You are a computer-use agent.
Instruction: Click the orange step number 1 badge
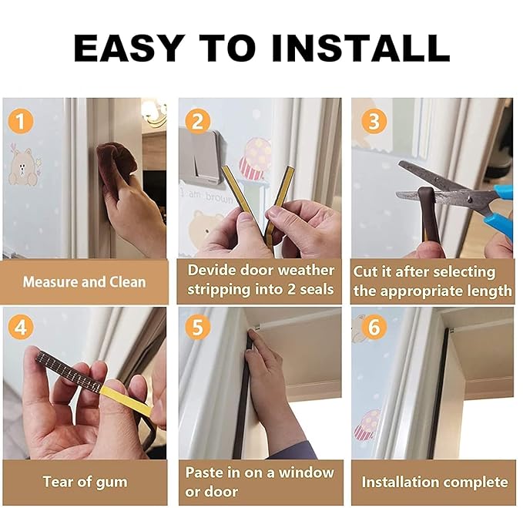(x=21, y=121)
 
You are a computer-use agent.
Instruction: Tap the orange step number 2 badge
(x=198, y=121)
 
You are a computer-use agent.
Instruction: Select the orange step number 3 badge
(x=374, y=121)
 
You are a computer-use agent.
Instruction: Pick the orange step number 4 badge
(x=21, y=327)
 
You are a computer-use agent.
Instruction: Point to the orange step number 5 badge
(x=198, y=327)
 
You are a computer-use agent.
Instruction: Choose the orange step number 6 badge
(x=374, y=327)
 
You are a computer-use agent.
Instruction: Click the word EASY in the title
(x=129, y=48)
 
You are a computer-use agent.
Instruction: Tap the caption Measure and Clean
(x=85, y=282)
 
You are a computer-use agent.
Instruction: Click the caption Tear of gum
(x=85, y=483)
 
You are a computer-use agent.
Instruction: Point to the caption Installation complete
(x=435, y=483)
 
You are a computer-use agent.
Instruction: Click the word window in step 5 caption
(x=307, y=473)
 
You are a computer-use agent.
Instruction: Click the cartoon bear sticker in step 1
(x=23, y=167)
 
